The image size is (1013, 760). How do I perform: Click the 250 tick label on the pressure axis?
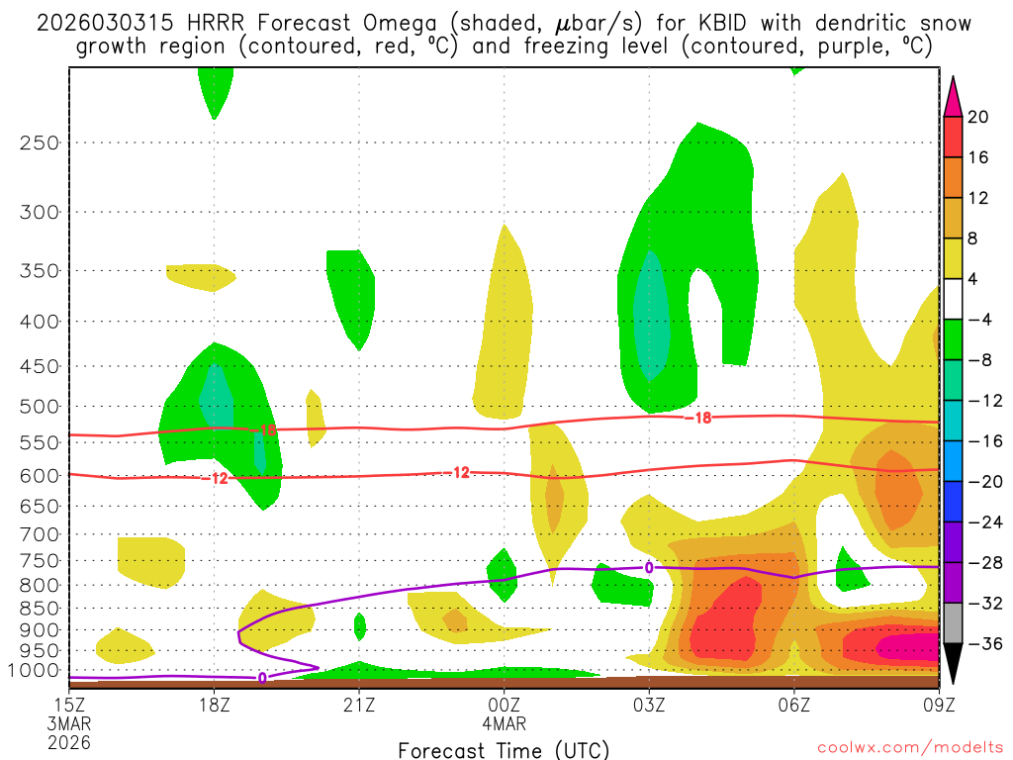(40, 142)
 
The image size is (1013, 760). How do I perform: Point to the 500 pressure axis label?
(40, 406)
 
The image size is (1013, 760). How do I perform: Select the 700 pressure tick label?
(40, 533)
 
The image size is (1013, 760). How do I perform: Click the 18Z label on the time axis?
(215, 705)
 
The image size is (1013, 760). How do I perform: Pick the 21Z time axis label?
(359, 705)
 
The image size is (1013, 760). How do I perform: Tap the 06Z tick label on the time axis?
(794, 705)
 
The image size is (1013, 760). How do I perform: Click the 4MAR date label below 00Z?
(505, 723)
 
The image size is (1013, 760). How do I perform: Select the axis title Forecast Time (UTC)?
(504, 749)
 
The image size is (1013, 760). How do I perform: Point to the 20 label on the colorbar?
(978, 117)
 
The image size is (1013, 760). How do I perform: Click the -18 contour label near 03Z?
(697, 419)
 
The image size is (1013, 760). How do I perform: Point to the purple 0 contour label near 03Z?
(649, 567)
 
